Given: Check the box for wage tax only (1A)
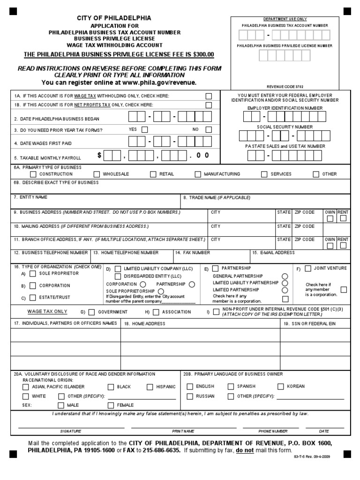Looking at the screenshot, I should [x=209, y=96].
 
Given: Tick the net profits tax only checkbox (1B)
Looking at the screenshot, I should [x=209, y=105].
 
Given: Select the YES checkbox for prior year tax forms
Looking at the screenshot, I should [x=144, y=130].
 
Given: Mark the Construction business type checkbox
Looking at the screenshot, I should [x=33, y=174].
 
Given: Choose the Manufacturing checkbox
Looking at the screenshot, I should [x=198, y=174].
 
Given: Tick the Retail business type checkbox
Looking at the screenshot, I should [x=153, y=174].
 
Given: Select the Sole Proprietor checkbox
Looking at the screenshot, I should [x=33, y=274].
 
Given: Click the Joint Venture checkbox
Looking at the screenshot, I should [x=308, y=269].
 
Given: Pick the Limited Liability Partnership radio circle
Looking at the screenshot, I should [x=285, y=283].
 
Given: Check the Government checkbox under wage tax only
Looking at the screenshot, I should [x=91, y=312].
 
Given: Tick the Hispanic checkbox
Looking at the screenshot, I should [x=150, y=387].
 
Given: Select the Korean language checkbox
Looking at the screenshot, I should [x=280, y=387].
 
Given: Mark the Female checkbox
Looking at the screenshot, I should [x=111, y=405].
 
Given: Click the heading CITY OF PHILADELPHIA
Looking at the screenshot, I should [x=114, y=18].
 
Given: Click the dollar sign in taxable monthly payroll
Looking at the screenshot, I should [x=100, y=156].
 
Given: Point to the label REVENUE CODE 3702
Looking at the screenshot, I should [x=285, y=87].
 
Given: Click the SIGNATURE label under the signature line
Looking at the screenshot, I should [x=71, y=431].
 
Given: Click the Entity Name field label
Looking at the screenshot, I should [x=30, y=197].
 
